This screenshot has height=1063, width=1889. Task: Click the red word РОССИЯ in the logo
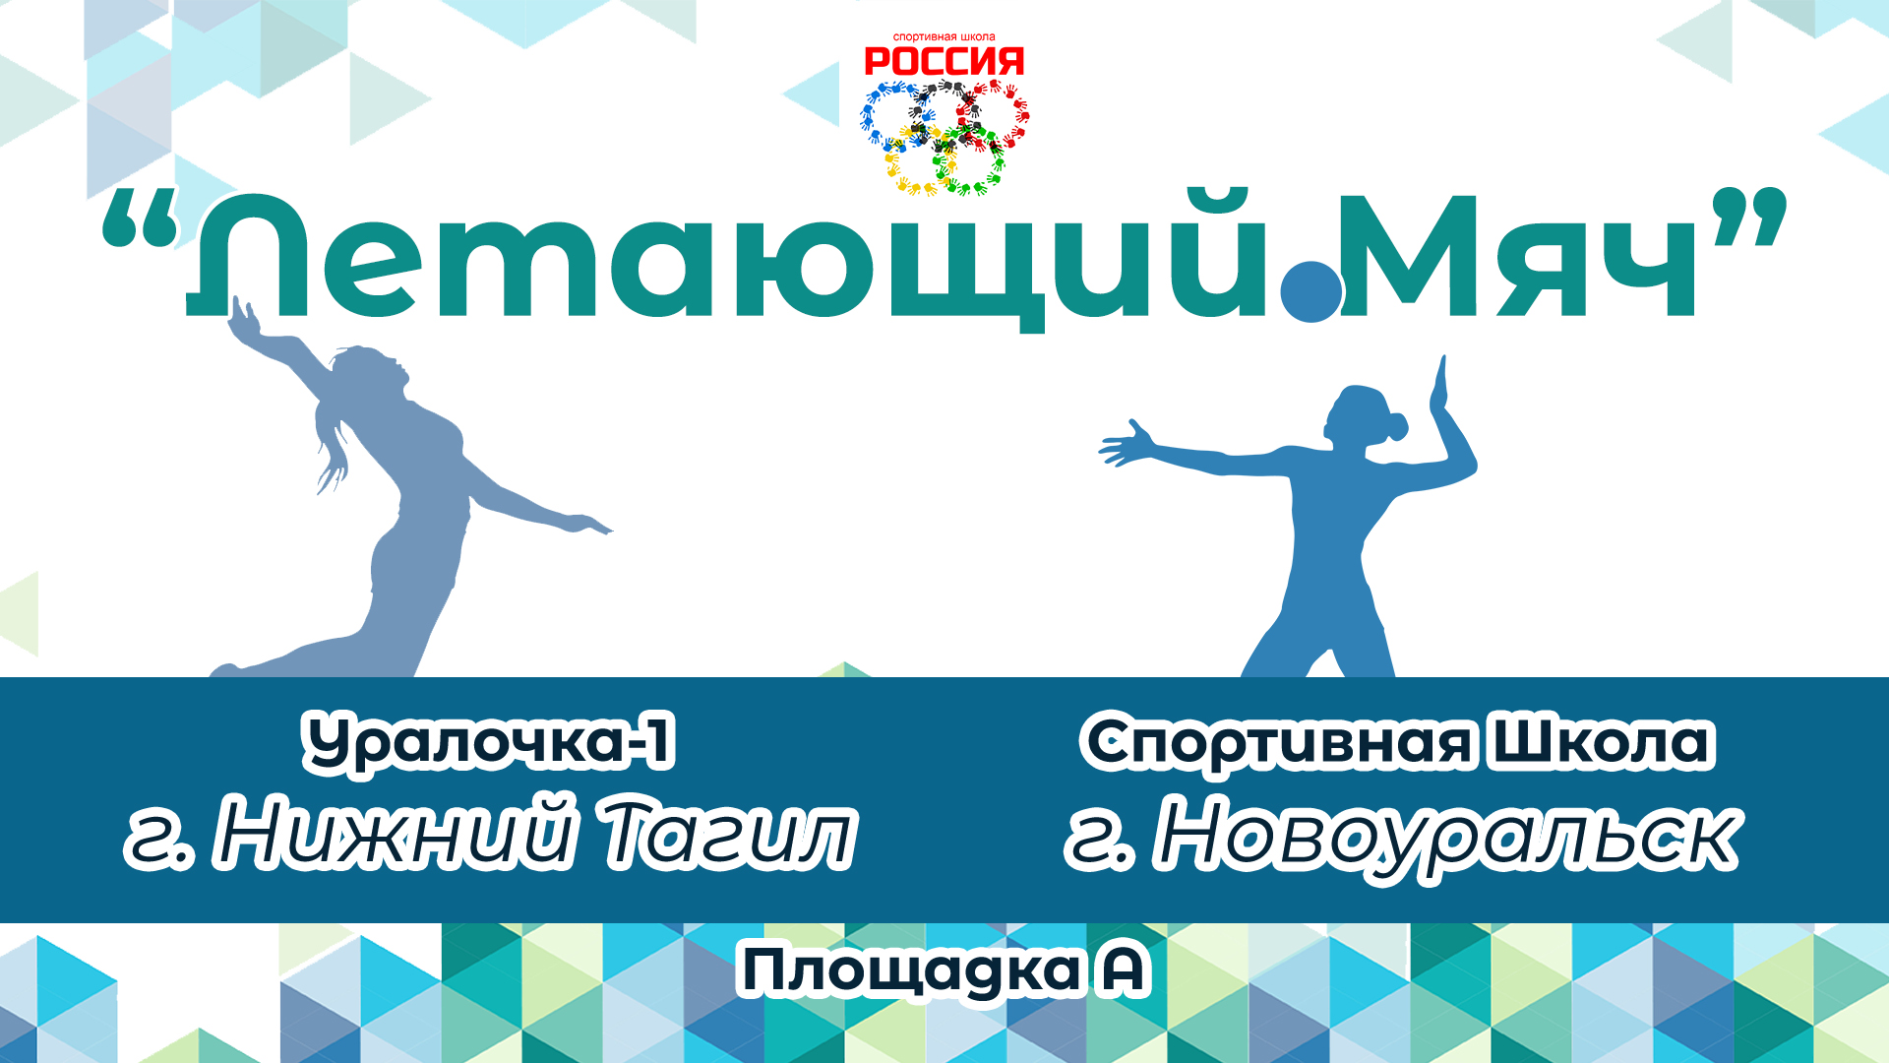point(944,62)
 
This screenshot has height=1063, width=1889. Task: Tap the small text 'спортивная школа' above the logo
point(944,37)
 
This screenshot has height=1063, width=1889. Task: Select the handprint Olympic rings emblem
point(944,136)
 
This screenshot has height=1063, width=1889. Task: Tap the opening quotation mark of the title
point(140,219)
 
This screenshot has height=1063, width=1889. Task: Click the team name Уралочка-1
point(489,742)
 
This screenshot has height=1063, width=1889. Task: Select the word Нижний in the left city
point(394,835)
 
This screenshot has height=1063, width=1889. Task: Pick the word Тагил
point(728,835)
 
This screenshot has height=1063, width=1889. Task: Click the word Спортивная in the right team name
point(1279,742)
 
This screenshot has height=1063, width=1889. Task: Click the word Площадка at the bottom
point(910,971)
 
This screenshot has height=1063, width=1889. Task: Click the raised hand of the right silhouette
point(1441,384)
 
